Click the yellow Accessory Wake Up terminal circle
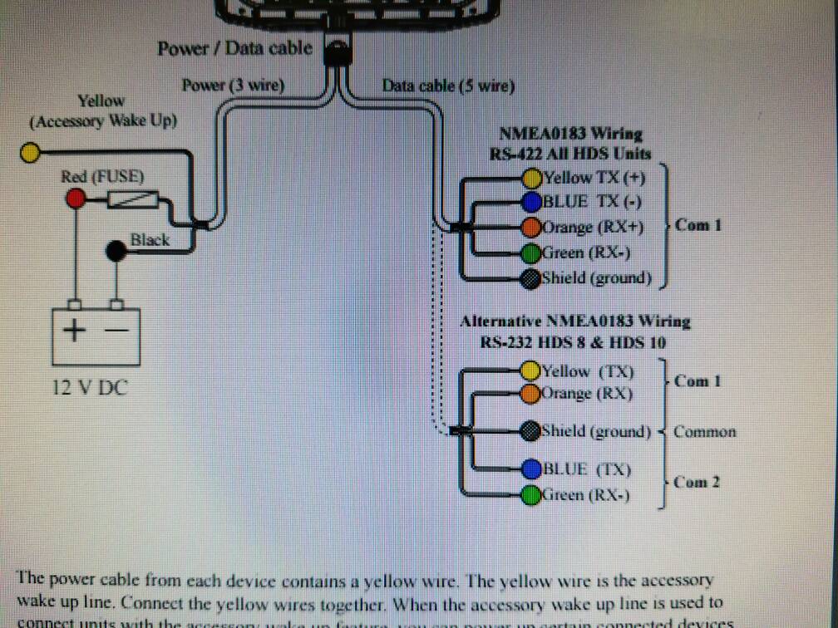pyautogui.click(x=31, y=152)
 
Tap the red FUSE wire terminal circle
pyautogui.click(x=76, y=198)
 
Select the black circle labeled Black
pyautogui.click(x=117, y=251)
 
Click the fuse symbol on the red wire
pyautogui.click(x=133, y=199)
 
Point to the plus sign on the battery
pyautogui.click(x=75, y=331)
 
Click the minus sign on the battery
pyautogui.click(x=117, y=331)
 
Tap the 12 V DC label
pyautogui.click(x=90, y=387)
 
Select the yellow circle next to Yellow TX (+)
pyautogui.click(x=532, y=178)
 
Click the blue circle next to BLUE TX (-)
pyautogui.click(x=532, y=202)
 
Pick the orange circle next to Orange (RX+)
pyautogui.click(x=532, y=227)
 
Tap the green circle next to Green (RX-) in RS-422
pyautogui.click(x=532, y=253)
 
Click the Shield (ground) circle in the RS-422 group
pyautogui.click(x=532, y=279)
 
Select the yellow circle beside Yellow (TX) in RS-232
pyautogui.click(x=531, y=370)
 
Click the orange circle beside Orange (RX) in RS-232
pyautogui.click(x=531, y=394)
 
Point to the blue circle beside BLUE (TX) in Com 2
pyautogui.click(x=531, y=470)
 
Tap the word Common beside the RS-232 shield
pyautogui.click(x=704, y=432)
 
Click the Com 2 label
pyautogui.click(x=697, y=483)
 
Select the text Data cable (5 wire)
pyautogui.click(x=448, y=86)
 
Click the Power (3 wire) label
pyautogui.click(x=234, y=85)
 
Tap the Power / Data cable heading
pyautogui.click(x=235, y=48)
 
